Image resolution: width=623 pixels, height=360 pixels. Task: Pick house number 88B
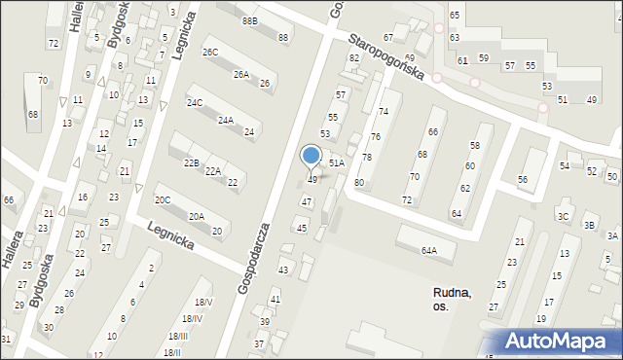250,20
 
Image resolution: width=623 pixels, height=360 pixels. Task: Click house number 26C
210,52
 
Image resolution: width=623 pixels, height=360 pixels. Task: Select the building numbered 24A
225,121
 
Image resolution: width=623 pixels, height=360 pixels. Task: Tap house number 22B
190,162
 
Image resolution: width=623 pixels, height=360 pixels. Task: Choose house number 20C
163,199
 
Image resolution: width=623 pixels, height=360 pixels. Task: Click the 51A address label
336,163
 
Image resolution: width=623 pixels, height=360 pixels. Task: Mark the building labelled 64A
429,250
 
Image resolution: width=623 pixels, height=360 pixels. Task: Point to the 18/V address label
203,303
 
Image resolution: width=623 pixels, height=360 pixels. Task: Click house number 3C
563,216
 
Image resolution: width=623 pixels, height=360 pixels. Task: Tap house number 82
354,58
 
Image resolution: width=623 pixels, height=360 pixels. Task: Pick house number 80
359,183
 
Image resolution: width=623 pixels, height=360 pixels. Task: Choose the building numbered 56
523,180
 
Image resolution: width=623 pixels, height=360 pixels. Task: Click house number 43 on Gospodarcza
283,270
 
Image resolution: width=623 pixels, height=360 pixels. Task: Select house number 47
307,201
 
